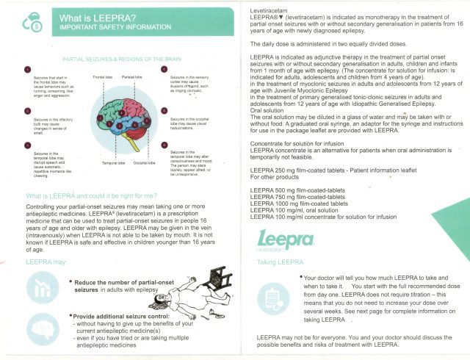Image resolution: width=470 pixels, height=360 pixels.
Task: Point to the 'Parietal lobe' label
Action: click(x=132, y=76)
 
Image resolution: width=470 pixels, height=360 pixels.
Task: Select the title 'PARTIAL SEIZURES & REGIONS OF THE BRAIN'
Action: click(x=112, y=56)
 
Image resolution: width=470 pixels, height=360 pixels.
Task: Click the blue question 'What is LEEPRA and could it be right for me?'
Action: click(x=91, y=196)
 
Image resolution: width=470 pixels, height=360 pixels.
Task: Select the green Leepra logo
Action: click(x=286, y=239)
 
